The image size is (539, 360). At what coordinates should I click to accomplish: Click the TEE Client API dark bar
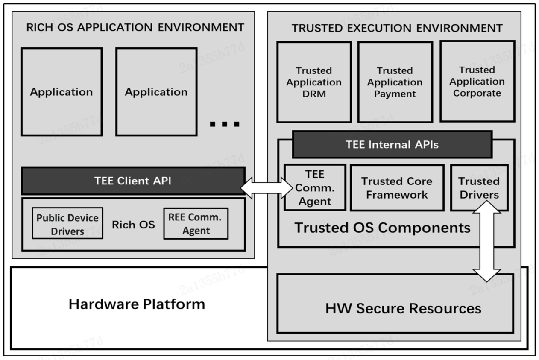pyautogui.click(x=132, y=181)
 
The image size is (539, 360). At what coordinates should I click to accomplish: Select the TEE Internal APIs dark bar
pyautogui.click(x=392, y=144)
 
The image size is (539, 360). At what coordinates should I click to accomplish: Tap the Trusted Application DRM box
pyautogui.click(x=314, y=82)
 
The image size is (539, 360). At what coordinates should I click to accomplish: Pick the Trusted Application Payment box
pyautogui.click(x=395, y=82)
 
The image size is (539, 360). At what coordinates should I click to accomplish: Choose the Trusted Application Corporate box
pyautogui.click(x=477, y=81)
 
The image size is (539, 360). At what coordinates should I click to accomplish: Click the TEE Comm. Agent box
pyautogui.click(x=314, y=187)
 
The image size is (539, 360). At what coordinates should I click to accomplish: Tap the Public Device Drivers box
pyautogui.click(x=67, y=223)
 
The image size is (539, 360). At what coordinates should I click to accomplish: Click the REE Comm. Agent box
pyautogui.click(x=196, y=223)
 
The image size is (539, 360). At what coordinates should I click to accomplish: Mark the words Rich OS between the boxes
pyautogui.click(x=133, y=224)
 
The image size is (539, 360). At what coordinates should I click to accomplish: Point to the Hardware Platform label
pyautogui.click(x=137, y=304)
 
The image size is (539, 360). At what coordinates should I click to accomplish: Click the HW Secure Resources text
pyautogui.click(x=403, y=308)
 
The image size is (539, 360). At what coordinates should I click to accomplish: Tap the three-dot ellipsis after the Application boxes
pyautogui.click(x=225, y=124)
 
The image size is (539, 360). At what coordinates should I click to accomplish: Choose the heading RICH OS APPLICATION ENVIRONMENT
pyautogui.click(x=135, y=28)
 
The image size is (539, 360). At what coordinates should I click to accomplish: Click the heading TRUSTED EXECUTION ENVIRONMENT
pyautogui.click(x=397, y=29)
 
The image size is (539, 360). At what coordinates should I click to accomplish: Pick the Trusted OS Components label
pyautogui.click(x=382, y=228)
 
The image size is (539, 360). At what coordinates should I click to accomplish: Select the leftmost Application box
pyautogui.click(x=61, y=92)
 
